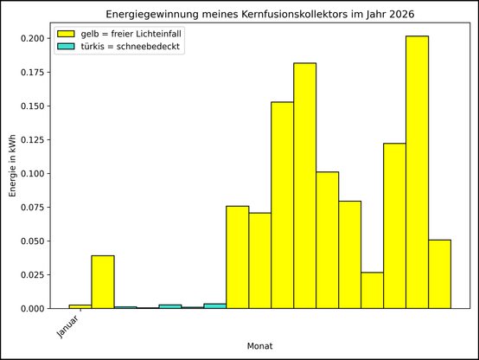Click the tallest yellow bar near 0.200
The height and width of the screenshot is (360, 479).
pyautogui.click(x=417, y=173)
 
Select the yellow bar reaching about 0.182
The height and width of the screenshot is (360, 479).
pyautogui.click(x=304, y=186)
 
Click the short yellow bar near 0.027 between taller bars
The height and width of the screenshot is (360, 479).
pyautogui.click(x=372, y=291)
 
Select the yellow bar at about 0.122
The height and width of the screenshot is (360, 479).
pyautogui.click(x=394, y=226)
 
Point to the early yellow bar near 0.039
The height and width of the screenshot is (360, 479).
pyautogui.click(x=103, y=282)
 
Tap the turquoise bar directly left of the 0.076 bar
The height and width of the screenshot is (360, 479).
pyautogui.click(x=214, y=305)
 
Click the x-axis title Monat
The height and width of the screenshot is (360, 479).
pyautogui.click(x=259, y=346)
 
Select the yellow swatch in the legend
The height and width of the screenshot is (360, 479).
pyautogui.click(x=67, y=33)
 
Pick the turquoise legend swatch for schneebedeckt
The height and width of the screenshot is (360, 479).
pyautogui.click(x=67, y=47)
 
